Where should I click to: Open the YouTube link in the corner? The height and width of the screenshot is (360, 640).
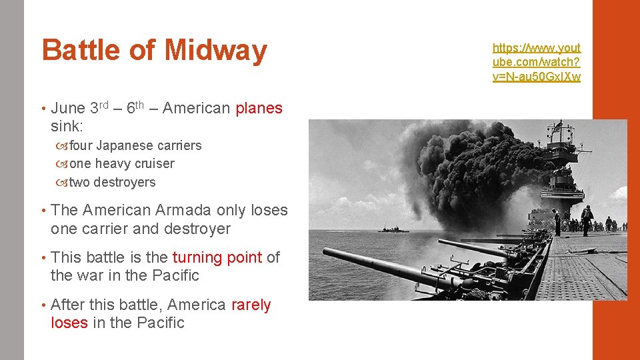point(536,62)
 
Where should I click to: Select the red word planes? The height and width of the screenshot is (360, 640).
point(259,109)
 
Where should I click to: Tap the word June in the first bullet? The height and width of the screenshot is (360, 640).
point(67,109)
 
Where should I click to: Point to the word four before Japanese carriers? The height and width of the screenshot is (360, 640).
point(81,145)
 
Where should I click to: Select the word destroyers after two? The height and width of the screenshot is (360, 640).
point(125,183)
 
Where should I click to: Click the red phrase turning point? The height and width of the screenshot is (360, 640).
point(217,257)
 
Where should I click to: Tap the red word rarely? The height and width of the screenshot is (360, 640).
point(251,305)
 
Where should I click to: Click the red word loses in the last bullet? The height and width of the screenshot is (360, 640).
point(69,323)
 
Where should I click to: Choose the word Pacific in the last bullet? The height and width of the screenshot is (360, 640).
point(161,323)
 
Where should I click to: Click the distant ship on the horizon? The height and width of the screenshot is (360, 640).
point(393,229)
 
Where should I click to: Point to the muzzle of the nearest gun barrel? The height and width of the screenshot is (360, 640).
point(327,253)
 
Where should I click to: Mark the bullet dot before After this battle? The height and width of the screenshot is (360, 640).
point(43,305)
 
